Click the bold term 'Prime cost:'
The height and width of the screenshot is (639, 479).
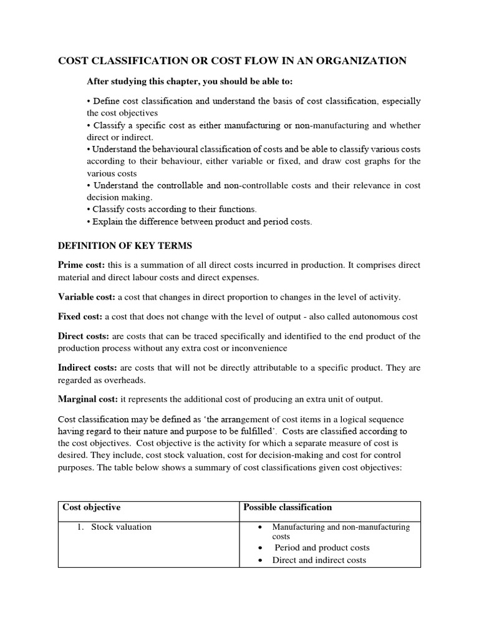tap(81, 265)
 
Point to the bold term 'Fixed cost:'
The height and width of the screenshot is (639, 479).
tap(80, 316)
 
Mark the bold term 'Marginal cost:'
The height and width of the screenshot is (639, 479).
tap(88, 399)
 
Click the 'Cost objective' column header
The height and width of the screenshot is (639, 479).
tap(92, 507)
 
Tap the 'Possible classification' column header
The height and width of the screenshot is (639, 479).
tap(288, 507)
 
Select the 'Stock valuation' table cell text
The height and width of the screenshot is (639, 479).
tap(121, 527)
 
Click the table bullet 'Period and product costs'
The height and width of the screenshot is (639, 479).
tap(322, 547)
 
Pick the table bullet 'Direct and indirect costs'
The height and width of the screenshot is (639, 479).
tap(319, 560)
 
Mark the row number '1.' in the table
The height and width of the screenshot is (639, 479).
tap(80, 527)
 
